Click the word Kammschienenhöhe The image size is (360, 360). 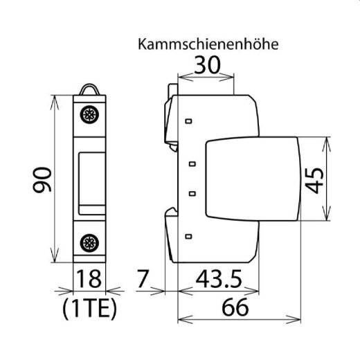208,45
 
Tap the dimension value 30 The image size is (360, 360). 208,66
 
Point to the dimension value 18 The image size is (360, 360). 89,280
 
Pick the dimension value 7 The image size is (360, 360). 143,280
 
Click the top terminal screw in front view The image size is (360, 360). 89,116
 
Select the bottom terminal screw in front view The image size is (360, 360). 89,242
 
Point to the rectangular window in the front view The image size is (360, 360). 89,179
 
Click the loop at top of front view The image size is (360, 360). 89,89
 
